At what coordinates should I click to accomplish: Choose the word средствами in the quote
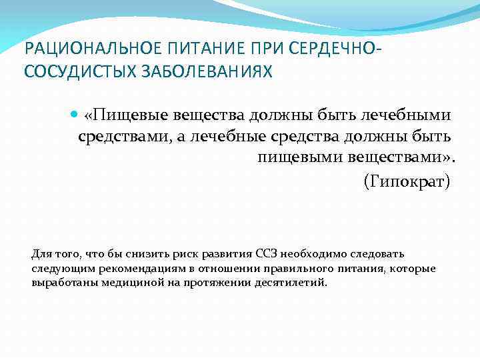coord(123,137)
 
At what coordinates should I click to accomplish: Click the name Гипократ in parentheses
coord(407,181)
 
